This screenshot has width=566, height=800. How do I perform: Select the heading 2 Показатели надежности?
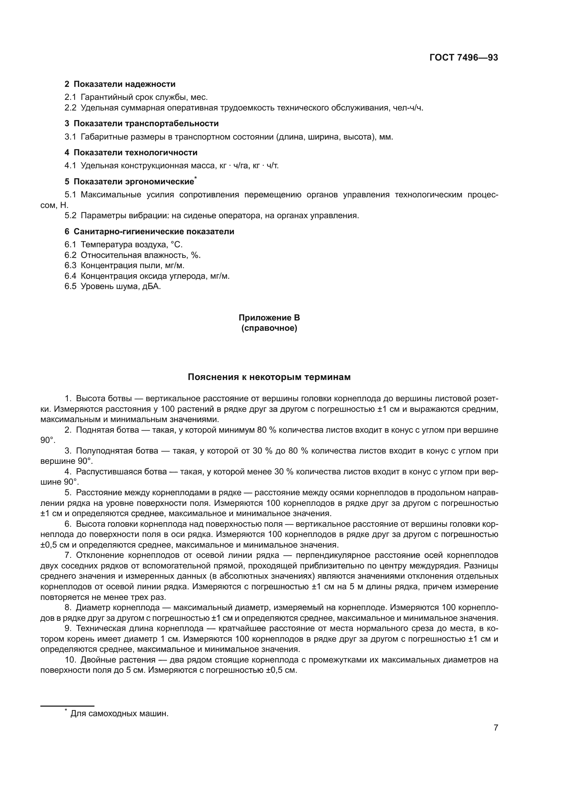[120, 84]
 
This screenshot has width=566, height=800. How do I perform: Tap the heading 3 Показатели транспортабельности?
[142, 123]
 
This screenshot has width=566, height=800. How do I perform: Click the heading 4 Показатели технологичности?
[131, 152]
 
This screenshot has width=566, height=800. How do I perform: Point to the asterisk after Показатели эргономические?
[196, 178]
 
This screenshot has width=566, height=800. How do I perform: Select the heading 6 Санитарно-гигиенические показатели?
[149, 231]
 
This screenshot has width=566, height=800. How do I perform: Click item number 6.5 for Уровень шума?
[70, 286]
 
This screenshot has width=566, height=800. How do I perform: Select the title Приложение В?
[269, 318]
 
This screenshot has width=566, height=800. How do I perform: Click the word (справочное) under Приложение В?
[269, 328]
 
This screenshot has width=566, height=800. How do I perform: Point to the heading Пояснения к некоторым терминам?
[269, 377]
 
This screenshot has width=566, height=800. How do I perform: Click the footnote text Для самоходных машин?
[119, 713]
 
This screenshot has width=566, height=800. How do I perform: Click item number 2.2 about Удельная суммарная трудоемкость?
[70, 108]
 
